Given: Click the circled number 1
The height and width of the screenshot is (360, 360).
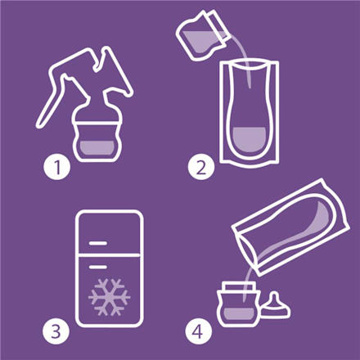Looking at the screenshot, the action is (57, 167).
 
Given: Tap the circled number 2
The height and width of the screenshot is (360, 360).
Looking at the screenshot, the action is (201, 167).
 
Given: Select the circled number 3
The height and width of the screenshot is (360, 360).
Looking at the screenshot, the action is (56, 331).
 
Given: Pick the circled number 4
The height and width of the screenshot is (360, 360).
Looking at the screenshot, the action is (198, 331).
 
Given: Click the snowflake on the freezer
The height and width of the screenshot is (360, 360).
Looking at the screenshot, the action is (109, 297).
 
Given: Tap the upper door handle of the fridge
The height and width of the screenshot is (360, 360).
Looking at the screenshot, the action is (98, 243).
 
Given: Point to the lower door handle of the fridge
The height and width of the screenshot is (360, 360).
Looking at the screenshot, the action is (98, 267).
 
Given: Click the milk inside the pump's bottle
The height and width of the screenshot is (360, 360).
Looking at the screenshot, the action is (97, 150).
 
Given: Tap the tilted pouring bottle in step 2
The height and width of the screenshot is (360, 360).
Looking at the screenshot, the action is (203, 34).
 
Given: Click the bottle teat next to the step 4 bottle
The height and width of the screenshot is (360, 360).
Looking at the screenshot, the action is (276, 306).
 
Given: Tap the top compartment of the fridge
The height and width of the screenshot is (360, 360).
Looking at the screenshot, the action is (110, 232).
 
